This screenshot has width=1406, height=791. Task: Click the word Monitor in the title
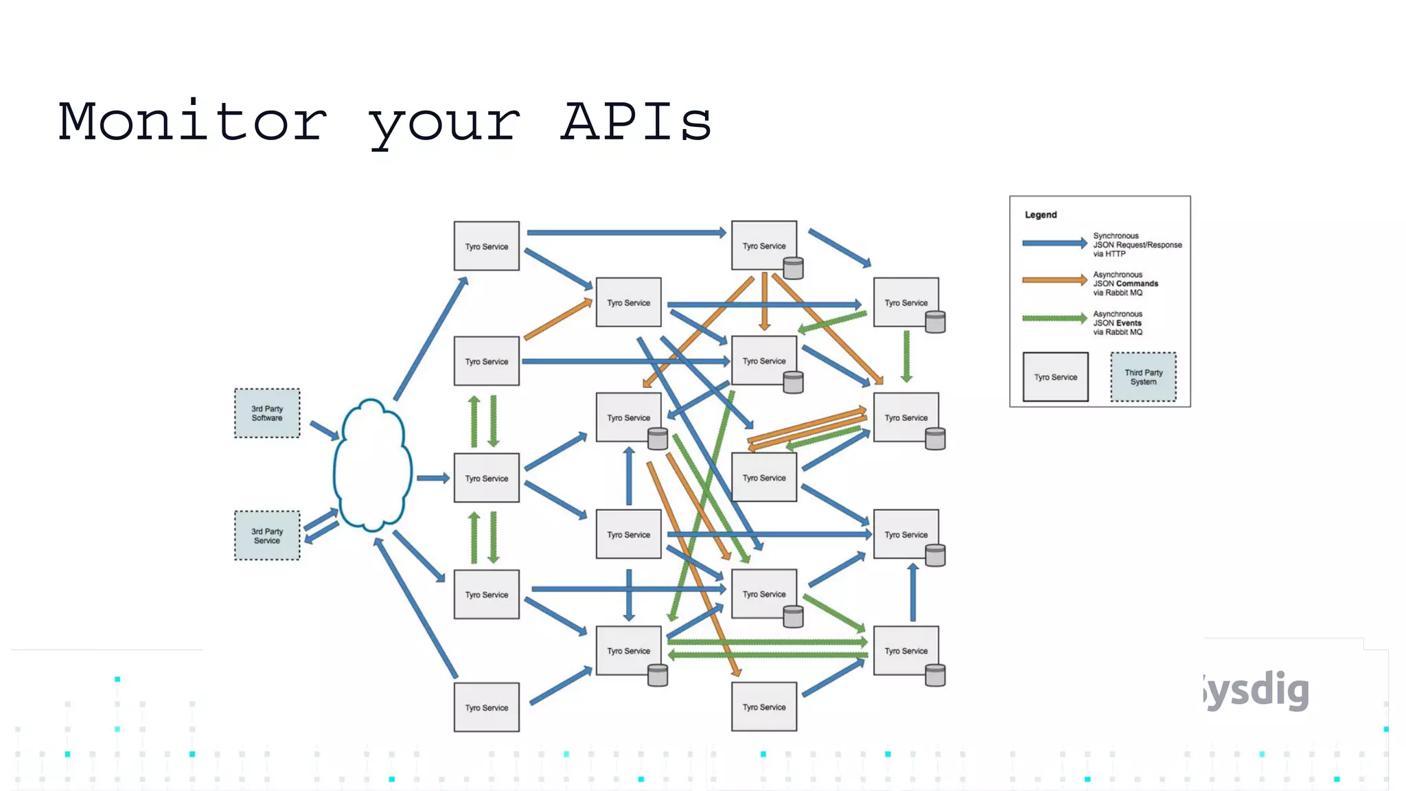click(x=192, y=122)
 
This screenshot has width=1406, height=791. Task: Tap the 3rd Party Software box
click(x=267, y=413)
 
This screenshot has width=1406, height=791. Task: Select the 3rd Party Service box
click(x=267, y=536)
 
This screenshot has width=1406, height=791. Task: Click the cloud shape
click(x=372, y=467)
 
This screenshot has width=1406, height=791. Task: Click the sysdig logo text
click(x=1256, y=690)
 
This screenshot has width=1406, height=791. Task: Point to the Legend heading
click(x=1041, y=215)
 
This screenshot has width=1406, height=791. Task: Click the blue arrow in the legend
click(x=1054, y=243)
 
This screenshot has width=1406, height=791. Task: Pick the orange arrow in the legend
click(x=1054, y=280)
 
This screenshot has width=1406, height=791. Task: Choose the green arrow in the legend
click(x=1054, y=319)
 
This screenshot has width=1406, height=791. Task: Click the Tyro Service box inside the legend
click(x=1055, y=377)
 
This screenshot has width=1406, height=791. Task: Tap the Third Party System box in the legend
click(x=1143, y=377)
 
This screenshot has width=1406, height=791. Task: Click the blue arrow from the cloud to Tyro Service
click(x=433, y=478)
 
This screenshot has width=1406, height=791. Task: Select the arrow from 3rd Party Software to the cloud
click(x=324, y=431)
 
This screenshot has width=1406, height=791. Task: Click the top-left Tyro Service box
click(x=486, y=246)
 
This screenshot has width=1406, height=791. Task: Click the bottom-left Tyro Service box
click(x=486, y=707)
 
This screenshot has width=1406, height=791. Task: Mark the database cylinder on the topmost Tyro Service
click(x=793, y=268)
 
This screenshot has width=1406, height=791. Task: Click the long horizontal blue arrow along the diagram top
click(x=625, y=233)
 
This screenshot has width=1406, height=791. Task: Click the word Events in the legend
click(x=1129, y=323)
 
